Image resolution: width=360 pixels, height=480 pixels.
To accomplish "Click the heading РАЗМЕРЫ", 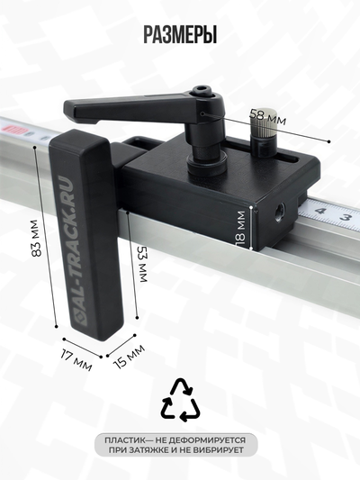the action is tap(180, 34).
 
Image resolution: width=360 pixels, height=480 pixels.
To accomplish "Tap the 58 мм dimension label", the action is tap(268, 117).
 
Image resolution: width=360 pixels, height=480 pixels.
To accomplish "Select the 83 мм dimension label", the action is tap(36, 238).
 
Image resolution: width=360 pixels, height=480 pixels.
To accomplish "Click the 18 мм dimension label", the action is tap(240, 229).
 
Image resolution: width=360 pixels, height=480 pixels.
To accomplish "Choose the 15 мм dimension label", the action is tap(129, 357).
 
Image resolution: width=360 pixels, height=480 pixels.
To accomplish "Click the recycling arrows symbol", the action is tap(181, 400).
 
